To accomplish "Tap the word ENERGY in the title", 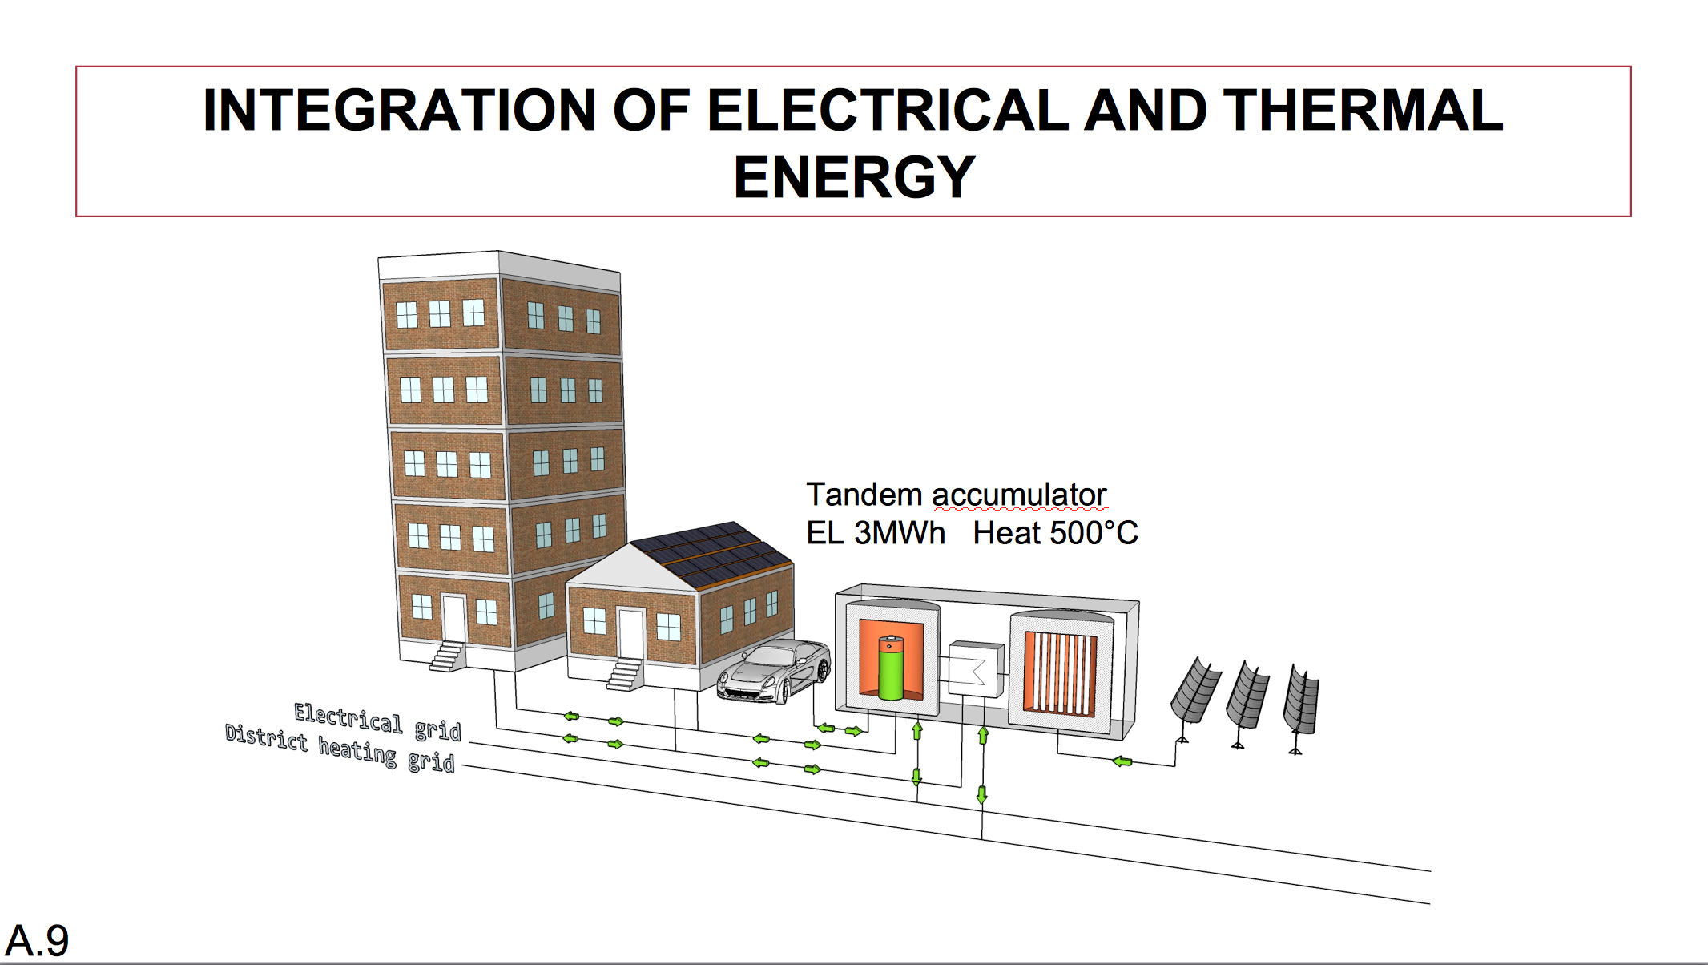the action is point(854,177).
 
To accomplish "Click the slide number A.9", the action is point(37,940).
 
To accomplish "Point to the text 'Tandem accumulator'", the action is point(956,495).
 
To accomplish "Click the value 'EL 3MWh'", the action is point(875,533).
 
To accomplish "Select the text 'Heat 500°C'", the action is point(1055,533).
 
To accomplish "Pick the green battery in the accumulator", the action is point(891,667).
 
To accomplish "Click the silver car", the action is point(774,671).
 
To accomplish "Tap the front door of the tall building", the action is point(454,618).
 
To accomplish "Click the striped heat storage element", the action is point(1060,672).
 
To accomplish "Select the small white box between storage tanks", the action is point(975,668).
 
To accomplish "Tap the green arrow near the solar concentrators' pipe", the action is point(1122,761).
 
